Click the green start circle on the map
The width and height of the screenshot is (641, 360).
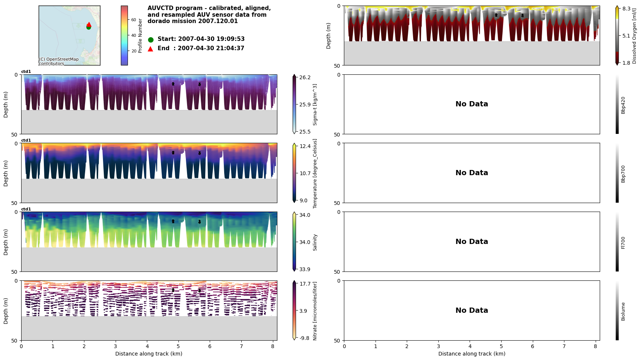point(88,27)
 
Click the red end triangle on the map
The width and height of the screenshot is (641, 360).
point(89,24)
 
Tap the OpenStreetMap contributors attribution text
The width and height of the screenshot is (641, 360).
point(59,61)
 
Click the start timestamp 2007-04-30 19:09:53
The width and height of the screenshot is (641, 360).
point(211,39)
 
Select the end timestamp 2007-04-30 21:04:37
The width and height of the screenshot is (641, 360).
point(211,48)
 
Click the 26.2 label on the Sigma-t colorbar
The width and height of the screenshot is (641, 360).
point(305,77)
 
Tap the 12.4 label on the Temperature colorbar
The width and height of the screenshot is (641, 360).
point(305,146)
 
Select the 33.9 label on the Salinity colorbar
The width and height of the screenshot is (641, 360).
point(305,269)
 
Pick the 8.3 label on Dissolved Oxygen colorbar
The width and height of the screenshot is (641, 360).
point(626,9)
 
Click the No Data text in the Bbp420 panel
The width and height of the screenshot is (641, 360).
point(471,104)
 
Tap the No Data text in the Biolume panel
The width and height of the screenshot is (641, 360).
point(471,311)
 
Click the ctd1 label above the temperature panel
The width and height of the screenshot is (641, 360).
point(26,141)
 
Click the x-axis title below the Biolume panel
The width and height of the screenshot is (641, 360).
point(471,354)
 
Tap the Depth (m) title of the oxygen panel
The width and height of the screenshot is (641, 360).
point(329,36)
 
